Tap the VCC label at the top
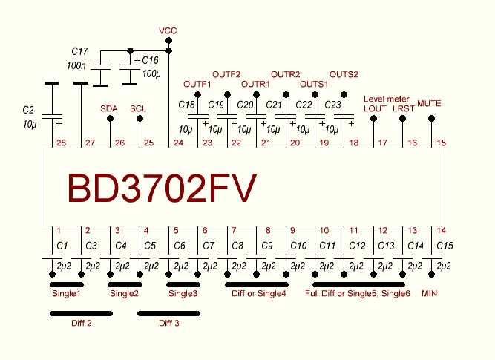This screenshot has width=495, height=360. [x=168, y=30]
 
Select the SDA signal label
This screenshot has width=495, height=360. [x=109, y=108]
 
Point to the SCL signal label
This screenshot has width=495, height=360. [x=138, y=108]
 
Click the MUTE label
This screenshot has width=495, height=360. [x=430, y=102]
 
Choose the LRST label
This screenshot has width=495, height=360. [x=404, y=108]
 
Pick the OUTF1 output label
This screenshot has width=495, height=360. [x=197, y=84]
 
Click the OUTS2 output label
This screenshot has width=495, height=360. [x=344, y=74]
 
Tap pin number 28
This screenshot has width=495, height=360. [x=61, y=143]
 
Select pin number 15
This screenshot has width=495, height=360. [x=442, y=143]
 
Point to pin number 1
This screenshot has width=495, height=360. [x=58, y=230]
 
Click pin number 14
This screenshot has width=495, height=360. [x=442, y=230]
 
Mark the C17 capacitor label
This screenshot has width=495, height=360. [x=79, y=51]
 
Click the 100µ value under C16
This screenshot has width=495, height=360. [x=151, y=73]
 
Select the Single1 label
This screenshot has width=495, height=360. [x=66, y=294]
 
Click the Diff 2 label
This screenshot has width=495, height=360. [x=82, y=323]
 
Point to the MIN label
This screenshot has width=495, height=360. [x=430, y=294]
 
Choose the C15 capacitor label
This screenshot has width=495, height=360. [x=444, y=245]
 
